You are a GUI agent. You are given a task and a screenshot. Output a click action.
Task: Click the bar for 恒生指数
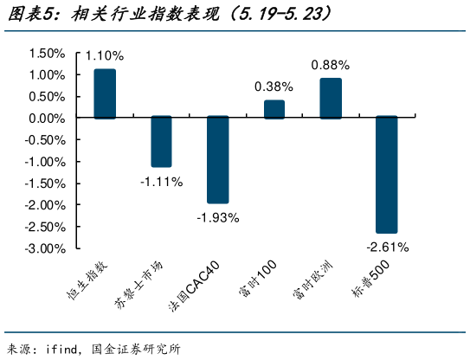(105, 93)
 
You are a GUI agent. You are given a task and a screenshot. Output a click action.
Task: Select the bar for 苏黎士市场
(161, 142)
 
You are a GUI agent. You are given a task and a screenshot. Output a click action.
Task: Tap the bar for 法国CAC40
(217, 159)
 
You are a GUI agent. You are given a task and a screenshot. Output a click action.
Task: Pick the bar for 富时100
(274, 109)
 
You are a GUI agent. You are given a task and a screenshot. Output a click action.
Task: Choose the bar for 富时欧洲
(331, 98)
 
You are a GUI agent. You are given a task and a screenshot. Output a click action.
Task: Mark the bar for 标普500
(387, 175)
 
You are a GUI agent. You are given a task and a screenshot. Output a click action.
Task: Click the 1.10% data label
(105, 55)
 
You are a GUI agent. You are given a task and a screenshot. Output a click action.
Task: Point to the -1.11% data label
(161, 181)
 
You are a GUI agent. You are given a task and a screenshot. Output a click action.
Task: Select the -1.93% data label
(217, 217)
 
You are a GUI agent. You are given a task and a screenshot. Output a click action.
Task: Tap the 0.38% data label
(274, 87)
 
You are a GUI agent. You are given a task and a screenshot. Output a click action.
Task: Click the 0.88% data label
(331, 65)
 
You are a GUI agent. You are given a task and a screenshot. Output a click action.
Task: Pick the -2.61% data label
(387, 247)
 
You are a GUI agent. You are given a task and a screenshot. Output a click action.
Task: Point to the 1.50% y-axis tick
(47, 53)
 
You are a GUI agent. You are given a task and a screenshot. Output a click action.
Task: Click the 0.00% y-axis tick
(47, 118)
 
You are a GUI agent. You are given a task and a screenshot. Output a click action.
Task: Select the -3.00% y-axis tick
(45, 248)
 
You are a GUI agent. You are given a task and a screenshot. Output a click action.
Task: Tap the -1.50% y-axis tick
(45, 183)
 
